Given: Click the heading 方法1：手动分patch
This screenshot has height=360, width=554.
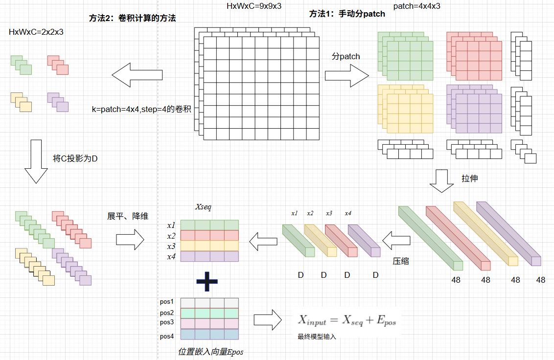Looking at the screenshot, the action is pos(347,14).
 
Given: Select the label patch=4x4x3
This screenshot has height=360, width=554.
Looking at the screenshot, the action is pos(416,6).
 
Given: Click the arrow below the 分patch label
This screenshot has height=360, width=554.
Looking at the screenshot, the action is pos(346,75).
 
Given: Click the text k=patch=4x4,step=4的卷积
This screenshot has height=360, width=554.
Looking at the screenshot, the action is pos(141,109).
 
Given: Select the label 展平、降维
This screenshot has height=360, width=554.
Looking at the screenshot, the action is pos(128,216).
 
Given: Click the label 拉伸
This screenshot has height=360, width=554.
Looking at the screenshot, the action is pos(469,179).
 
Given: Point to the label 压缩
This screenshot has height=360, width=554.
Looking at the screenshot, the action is pos(401,261).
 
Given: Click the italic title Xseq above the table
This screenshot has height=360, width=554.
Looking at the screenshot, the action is pos(203,207).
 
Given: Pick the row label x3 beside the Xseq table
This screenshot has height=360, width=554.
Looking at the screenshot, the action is pos(171,246).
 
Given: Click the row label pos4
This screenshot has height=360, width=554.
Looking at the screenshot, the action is pos(167,336).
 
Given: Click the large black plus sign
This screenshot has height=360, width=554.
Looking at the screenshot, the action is pos(207,281).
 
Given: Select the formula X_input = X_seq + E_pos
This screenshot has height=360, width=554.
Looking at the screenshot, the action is pos(347,320).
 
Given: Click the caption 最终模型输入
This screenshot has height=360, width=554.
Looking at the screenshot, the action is pos(317,337).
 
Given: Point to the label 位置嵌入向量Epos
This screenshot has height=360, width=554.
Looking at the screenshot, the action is pos(210,352).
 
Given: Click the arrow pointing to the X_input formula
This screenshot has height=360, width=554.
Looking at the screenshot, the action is pos(267,320).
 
